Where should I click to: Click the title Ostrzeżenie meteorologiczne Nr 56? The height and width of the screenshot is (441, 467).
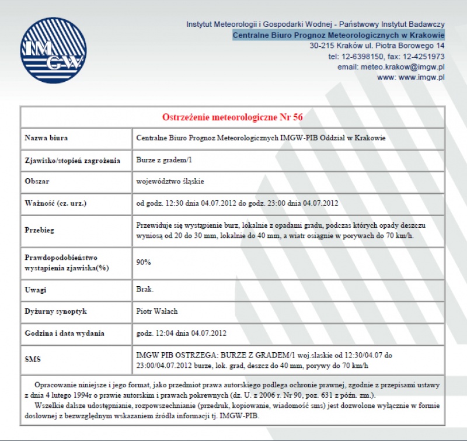tap(232, 117)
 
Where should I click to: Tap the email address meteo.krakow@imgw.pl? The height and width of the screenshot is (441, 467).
tap(403, 67)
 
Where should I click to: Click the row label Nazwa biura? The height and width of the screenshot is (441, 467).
tap(46, 138)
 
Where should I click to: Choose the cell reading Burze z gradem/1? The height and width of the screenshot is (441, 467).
tap(164, 159)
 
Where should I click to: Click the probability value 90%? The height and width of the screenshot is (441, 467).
tap(144, 262)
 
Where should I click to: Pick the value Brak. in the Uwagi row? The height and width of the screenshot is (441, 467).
tap(145, 290)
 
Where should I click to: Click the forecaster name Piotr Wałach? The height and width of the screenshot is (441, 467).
tap(157, 311)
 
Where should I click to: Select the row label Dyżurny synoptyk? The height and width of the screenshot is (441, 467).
tap(55, 311)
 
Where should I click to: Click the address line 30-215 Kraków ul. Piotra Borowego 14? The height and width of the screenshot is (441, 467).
tap(377, 46)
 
